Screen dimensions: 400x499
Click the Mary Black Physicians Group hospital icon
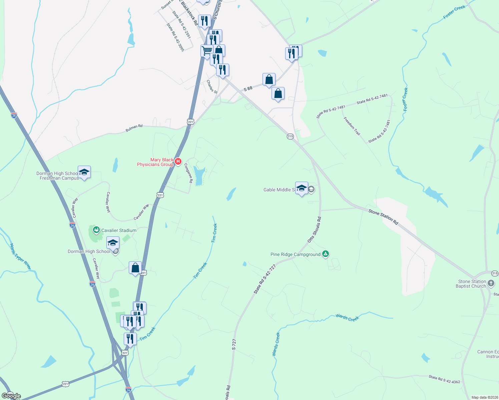[178, 162]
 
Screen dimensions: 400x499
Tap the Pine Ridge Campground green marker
[326, 254]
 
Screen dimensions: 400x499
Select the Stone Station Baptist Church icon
[491, 284]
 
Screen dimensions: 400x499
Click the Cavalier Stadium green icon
[96, 230]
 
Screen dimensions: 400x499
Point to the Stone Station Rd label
[383, 217]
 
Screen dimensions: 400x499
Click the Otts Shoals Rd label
[314, 229]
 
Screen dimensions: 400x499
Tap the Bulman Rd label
[134, 128]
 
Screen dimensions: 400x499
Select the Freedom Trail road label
[352, 126]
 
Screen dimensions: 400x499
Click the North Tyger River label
[20, 256]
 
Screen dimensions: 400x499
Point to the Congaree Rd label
[188, 173]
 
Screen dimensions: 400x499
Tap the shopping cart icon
[207, 51]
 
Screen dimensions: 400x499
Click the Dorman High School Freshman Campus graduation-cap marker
[84, 172]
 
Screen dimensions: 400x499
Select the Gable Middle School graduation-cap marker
[302, 188]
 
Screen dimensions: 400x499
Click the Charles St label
[212, 87]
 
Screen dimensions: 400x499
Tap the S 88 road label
[248, 89]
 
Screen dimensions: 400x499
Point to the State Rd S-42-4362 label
[444, 379]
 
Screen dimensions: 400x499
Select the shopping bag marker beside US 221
[135, 268]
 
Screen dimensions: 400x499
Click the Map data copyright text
[483, 397]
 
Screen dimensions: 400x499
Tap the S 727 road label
[234, 344]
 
